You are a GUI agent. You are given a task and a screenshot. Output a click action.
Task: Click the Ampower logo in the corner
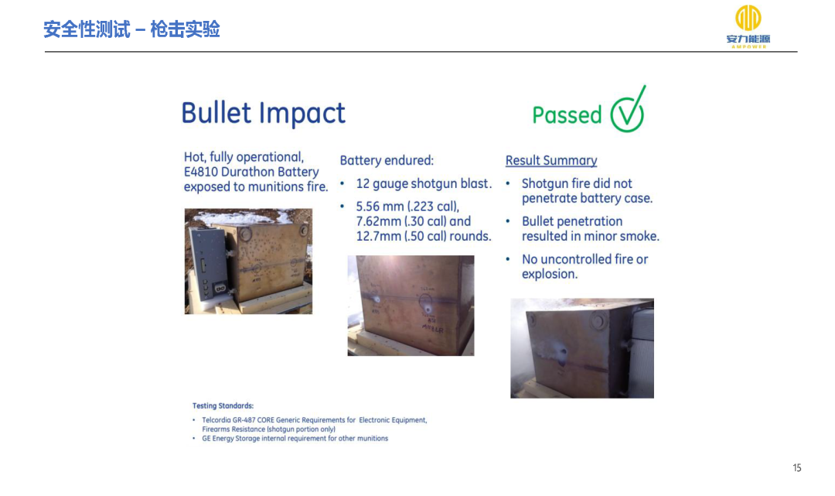tap(748, 26)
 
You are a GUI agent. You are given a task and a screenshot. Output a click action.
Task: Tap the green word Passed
tap(567, 115)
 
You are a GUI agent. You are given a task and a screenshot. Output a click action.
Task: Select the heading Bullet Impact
tap(263, 112)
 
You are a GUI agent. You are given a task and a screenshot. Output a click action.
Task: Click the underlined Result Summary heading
tap(551, 160)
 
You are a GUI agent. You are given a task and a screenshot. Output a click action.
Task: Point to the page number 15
tap(796, 468)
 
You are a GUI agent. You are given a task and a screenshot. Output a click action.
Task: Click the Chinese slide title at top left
tap(131, 29)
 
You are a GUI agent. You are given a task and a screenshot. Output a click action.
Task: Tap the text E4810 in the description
tap(200, 172)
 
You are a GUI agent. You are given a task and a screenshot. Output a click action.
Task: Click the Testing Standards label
tap(223, 406)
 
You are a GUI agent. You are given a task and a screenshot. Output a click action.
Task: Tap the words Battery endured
tap(387, 160)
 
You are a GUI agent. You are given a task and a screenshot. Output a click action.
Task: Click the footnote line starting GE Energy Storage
tap(295, 439)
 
